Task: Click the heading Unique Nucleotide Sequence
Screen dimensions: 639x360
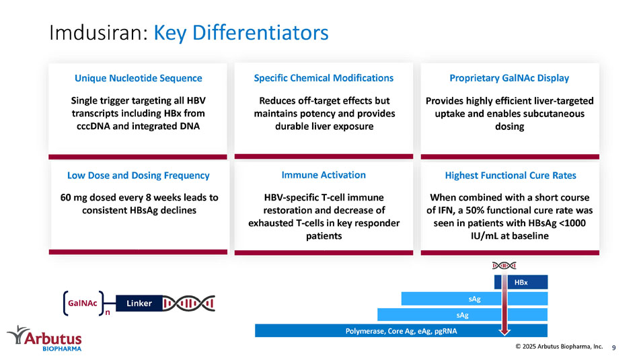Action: [x=138, y=78]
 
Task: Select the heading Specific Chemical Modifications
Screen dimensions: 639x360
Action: [x=324, y=78]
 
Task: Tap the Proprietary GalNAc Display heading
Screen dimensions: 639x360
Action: [x=509, y=78]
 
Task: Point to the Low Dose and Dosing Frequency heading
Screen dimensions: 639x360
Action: [x=138, y=176]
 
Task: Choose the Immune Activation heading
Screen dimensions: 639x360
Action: [x=324, y=175]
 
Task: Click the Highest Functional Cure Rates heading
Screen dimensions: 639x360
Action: [x=511, y=176]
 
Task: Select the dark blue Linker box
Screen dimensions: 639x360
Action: [x=139, y=303]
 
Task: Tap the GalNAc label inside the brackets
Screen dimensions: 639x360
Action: [x=83, y=303]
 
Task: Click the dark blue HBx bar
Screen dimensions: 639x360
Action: [x=521, y=282]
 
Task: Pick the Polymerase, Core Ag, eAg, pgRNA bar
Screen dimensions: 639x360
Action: [x=401, y=330]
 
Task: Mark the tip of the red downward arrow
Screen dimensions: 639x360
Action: [x=504, y=334]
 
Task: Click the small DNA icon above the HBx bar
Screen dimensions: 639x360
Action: [x=504, y=266]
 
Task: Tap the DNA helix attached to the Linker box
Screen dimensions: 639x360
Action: [x=189, y=303]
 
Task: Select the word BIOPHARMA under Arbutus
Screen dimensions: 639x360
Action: [x=62, y=349]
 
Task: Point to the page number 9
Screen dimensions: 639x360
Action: [x=613, y=347]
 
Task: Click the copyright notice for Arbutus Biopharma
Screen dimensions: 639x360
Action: [x=559, y=347]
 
